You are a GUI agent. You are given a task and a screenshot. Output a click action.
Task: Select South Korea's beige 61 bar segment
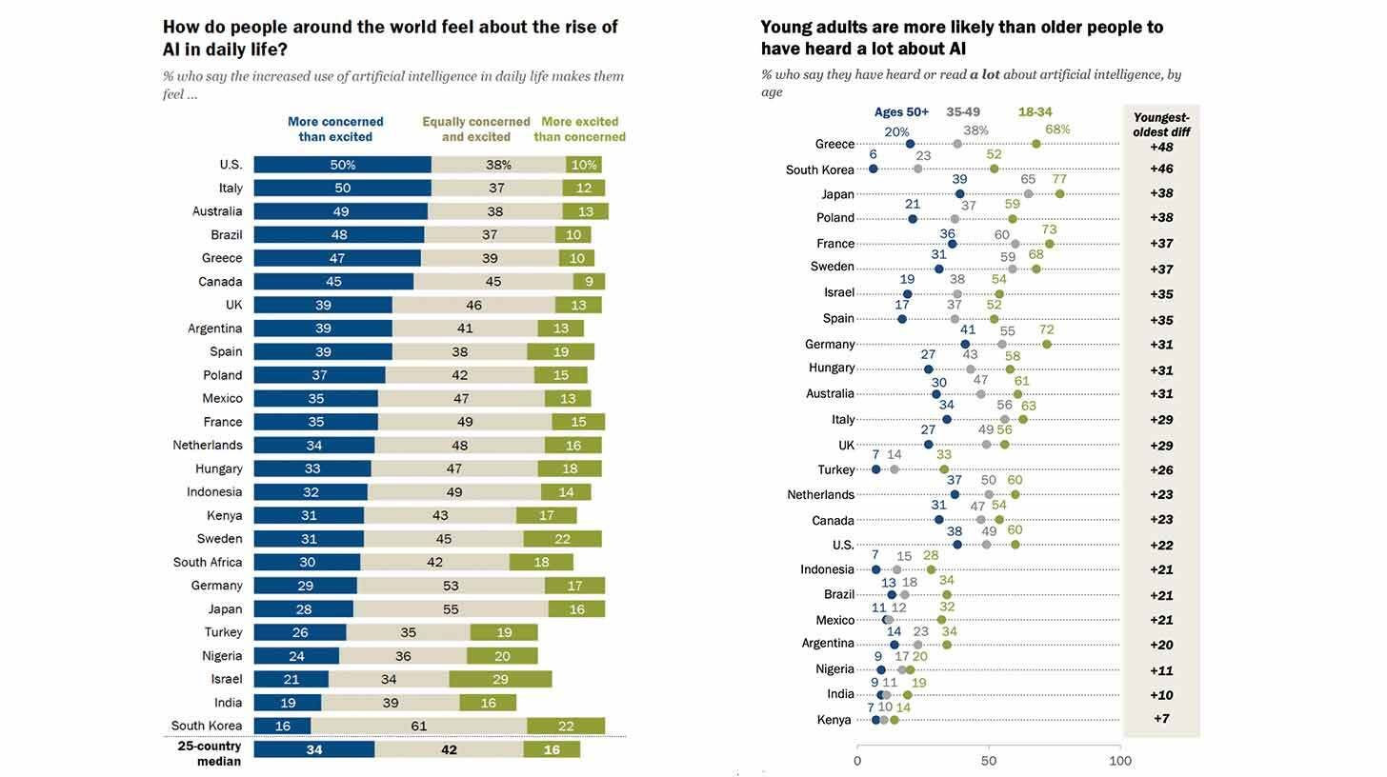tap(418, 726)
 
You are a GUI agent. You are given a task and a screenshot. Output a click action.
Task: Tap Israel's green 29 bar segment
tap(500, 679)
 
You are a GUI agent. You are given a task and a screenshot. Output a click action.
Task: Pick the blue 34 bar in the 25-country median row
tap(314, 749)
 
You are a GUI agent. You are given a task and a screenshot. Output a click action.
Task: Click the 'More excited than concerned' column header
tap(579, 129)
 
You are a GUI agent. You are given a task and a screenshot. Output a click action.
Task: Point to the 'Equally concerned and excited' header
tap(475, 129)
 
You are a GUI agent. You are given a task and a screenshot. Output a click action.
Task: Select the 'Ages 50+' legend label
tap(901, 112)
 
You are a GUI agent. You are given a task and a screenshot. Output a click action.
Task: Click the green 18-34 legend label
tap(1035, 112)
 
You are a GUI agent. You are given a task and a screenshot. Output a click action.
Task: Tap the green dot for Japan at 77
tap(1059, 193)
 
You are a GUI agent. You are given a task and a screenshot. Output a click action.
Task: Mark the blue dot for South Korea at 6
tap(874, 169)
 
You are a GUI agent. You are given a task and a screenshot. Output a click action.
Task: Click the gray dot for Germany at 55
tap(1002, 344)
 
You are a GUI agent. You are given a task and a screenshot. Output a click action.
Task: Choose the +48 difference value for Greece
tap(1161, 148)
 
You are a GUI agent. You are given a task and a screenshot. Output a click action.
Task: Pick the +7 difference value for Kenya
tap(1161, 719)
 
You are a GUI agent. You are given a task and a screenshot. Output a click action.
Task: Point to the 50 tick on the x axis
tap(989, 761)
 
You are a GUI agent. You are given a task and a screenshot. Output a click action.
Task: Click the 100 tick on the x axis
tap(1120, 761)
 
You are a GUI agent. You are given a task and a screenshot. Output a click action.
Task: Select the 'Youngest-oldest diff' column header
tap(1161, 125)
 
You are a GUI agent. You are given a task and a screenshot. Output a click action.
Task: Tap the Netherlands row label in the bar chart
tap(207, 445)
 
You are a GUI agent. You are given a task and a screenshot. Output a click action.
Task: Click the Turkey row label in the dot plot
tap(835, 469)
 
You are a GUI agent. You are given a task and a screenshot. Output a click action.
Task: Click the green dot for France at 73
tap(1049, 244)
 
